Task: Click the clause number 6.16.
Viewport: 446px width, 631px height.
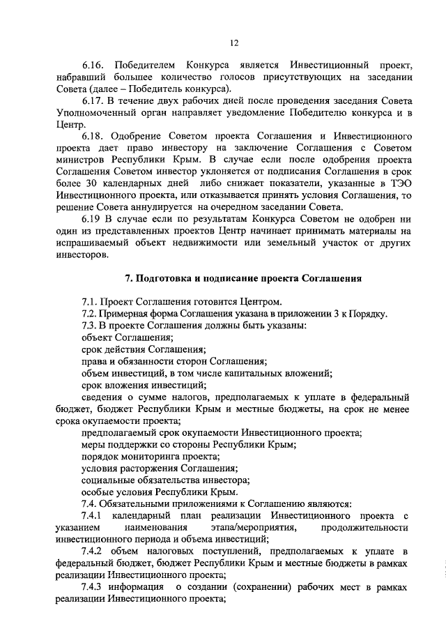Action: [93, 64]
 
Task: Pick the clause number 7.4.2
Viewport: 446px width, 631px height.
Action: [93, 552]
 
